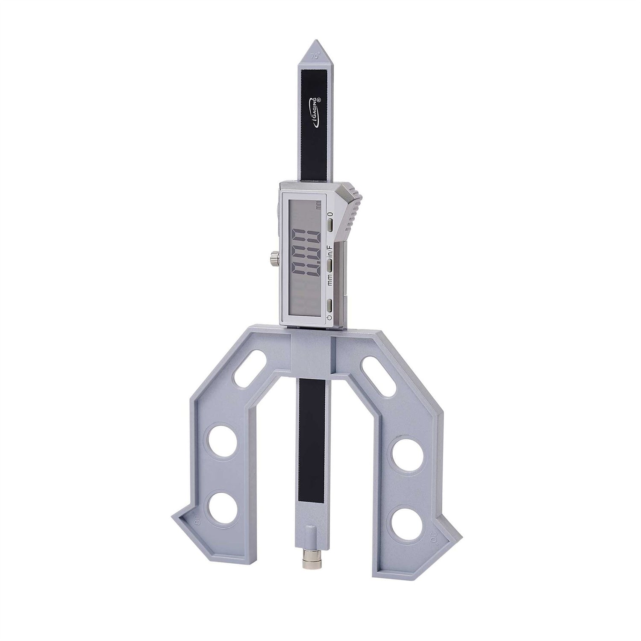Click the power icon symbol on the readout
point(329,318)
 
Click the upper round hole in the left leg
point(222,446)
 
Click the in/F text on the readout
point(330,252)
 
